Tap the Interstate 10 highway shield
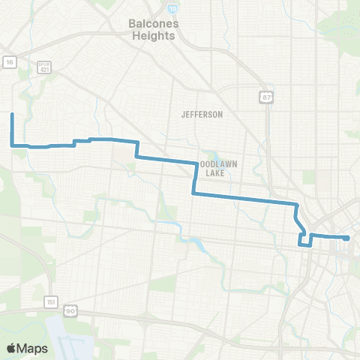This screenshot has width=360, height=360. (172, 8)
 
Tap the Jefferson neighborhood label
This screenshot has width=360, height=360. (202, 115)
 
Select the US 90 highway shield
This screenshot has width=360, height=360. (70, 310)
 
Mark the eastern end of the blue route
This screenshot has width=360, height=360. (349, 238)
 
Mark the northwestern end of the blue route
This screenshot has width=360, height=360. (12, 114)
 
